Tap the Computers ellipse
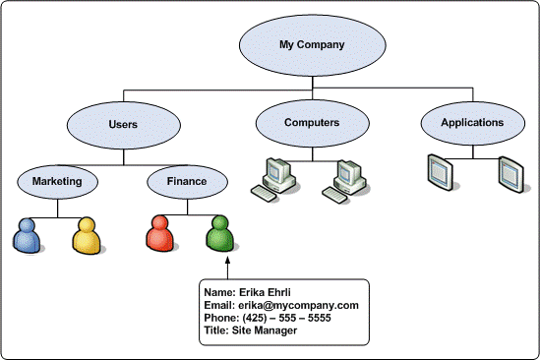[312, 123]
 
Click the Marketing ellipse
[57, 181]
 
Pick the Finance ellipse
[187, 181]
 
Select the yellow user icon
[87, 234]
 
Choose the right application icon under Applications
[510, 173]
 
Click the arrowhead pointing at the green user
[227, 262]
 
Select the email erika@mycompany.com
[299, 306]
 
